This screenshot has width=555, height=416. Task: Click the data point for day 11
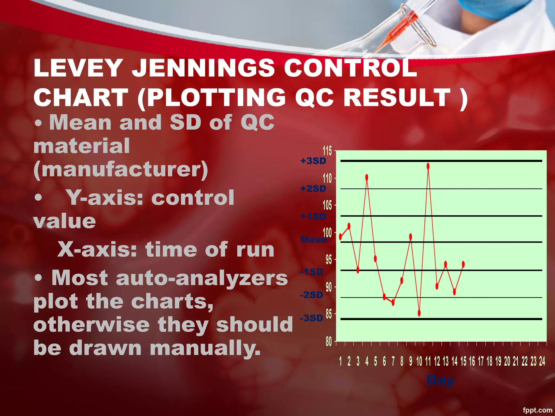pyautogui.click(x=428, y=166)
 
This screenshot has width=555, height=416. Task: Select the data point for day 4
pyautogui.click(x=367, y=177)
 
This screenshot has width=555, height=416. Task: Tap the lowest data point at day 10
pyautogui.click(x=419, y=313)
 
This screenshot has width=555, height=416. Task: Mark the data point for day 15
pyautogui.click(x=463, y=264)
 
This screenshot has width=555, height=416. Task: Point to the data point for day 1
pyautogui.click(x=340, y=237)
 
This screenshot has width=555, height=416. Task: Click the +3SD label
pyautogui.click(x=313, y=161)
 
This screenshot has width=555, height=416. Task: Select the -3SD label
pyautogui.click(x=312, y=318)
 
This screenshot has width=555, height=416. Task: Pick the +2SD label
pyautogui.click(x=313, y=188)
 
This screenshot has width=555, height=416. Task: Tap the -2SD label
pyautogui.click(x=312, y=295)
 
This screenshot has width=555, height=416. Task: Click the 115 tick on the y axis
pyautogui.click(x=327, y=151)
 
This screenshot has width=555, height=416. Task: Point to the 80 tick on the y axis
pyautogui.click(x=328, y=342)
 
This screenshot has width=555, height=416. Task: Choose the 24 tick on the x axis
pyautogui.click(x=542, y=361)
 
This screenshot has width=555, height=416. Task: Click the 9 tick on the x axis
pyautogui.click(x=411, y=361)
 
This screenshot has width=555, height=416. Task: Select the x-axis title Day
pyautogui.click(x=440, y=380)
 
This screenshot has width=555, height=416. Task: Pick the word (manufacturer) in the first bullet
pyautogui.click(x=121, y=170)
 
